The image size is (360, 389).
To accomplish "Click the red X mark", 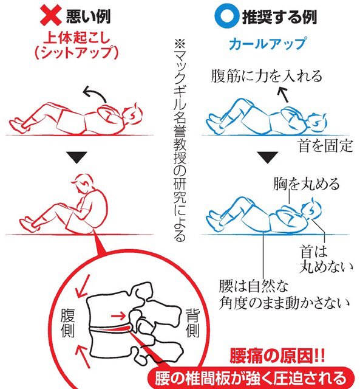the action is coord(50,16).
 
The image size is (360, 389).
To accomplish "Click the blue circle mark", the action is coord(227,16).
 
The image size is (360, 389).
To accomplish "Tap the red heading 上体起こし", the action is coord(77,38).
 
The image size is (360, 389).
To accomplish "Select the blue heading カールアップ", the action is coord(268,43).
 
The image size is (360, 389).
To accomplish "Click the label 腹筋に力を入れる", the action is coord(267,75).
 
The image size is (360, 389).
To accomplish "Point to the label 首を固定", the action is coord(325,146).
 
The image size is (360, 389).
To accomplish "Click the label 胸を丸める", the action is coord(306,184).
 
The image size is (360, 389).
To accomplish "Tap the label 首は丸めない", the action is coord(326,259).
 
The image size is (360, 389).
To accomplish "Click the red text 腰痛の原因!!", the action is coord(277,356).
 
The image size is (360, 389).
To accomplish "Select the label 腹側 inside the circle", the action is coord(67,323).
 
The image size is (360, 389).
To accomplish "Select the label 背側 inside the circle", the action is coord(192,323).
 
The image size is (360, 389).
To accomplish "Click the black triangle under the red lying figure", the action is coord(76,157).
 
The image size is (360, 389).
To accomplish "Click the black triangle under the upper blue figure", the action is coord(268,157).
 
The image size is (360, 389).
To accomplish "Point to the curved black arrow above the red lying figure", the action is coord(95,91).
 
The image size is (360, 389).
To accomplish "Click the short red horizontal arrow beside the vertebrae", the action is coord(118,316).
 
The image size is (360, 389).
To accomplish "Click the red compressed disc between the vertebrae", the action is coord(112,329).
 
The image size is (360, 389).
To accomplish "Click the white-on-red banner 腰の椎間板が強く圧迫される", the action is coord(251,378).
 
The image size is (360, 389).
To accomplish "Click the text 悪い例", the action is coord(88,16).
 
